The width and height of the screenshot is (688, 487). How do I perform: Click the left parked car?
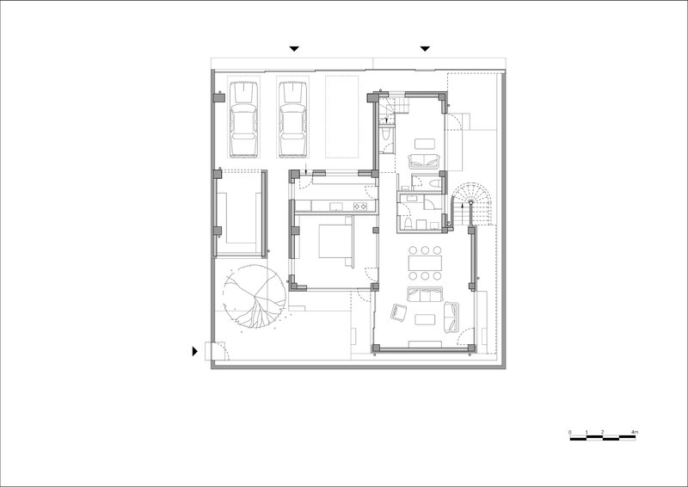(243, 119)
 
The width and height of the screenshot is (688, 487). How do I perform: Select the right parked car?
(292, 119)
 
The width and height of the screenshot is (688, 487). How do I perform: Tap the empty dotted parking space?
(341, 117)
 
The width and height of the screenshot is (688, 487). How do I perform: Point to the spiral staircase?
(470, 204)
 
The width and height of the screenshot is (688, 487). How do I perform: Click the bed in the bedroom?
(335, 241)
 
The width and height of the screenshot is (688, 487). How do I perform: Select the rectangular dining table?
(425, 263)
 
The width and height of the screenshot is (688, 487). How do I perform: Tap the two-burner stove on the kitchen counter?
(360, 206)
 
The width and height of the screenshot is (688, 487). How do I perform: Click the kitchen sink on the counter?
(336, 206)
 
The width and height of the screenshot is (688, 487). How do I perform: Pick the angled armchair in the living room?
(398, 312)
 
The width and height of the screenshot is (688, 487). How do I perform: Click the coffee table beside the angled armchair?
(425, 319)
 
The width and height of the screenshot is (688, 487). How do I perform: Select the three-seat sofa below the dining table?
(425, 294)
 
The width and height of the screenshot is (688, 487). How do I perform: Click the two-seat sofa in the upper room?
(424, 161)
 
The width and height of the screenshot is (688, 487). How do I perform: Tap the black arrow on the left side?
(195, 351)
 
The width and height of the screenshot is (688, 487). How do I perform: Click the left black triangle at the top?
(294, 49)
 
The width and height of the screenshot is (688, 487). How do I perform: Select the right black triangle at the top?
(425, 49)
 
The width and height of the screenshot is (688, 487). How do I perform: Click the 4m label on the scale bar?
(634, 433)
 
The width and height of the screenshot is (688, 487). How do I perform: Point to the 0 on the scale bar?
(570, 433)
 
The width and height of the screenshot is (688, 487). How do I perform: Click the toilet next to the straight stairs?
(384, 133)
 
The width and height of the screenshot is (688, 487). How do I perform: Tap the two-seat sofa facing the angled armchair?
(451, 317)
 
